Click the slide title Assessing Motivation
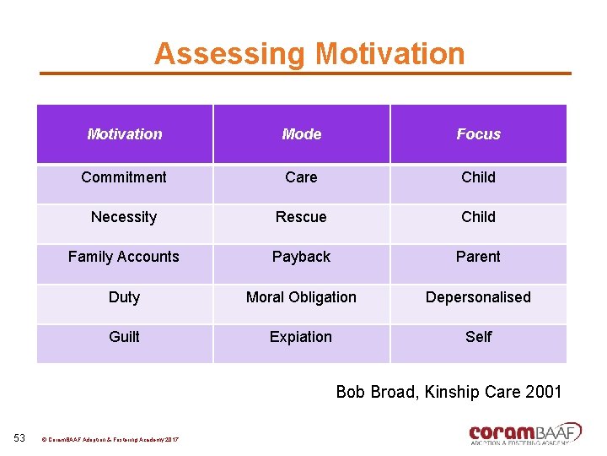tap(309, 54)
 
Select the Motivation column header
tap(125, 134)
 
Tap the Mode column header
tap(301, 134)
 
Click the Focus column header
tap(478, 134)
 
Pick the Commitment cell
tap(124, 177)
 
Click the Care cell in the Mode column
tap(301, 177)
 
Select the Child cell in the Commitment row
tap(478, 177)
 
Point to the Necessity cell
tap(124, 217)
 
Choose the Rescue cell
tap(301, 217)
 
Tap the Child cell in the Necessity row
tap(478, 217)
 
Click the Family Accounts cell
tap(124, 257)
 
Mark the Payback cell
tap(301, 257)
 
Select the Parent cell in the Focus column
tap(478, 257)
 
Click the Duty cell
tap(124, 297)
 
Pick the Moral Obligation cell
tap(301, 297)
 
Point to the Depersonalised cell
tap(478, 297)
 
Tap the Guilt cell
tap(124, 337)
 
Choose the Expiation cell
tap(301, 337)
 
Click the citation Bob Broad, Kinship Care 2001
tap(449, 392)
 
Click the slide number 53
tap(20, 437)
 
